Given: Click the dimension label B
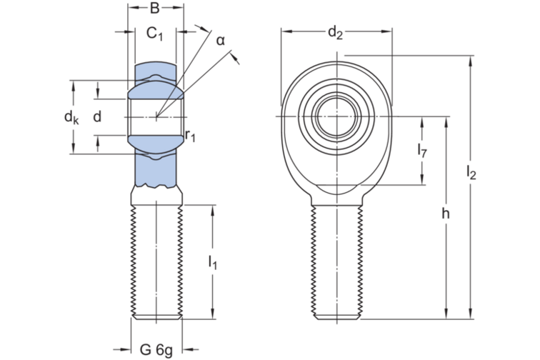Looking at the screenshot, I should click(155, 9).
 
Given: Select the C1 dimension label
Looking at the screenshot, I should click(156, 33).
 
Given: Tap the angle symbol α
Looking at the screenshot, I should click(221, 40).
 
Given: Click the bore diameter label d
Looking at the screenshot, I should click(98, 116).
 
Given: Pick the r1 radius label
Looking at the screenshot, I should click(190, 134).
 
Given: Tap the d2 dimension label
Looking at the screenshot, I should click(336, 32).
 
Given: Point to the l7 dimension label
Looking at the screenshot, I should click(422, 150).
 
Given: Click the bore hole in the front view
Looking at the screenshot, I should click(336, 116).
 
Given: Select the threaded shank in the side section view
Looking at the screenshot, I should click(156, 261).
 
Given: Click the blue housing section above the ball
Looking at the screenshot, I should click(156, 72).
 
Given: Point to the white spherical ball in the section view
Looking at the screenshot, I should click(156, 116).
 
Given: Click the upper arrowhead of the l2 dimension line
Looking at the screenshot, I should click(470, 59).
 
